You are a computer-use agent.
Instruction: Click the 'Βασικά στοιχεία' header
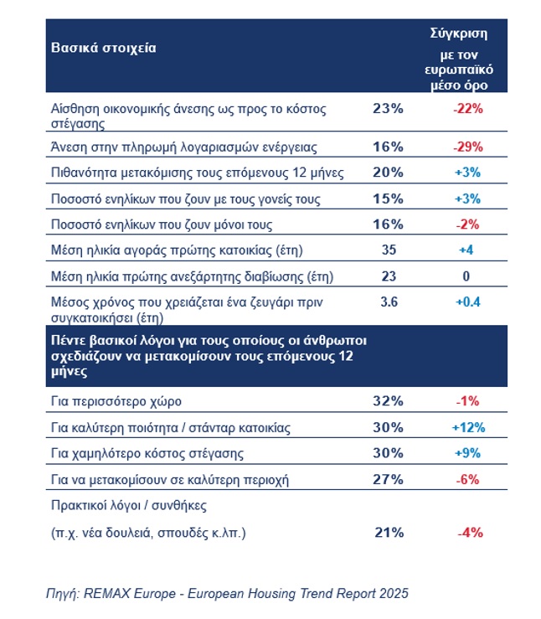[x=105, y=48]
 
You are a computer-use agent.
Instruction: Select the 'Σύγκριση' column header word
[x=458, y=34]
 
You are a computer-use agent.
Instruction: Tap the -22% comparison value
[x=467, y=108]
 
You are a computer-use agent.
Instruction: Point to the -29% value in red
[x=467, y=147]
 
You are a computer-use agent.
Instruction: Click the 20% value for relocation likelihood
[x=388, y=173]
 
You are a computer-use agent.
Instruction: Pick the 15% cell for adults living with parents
[x=388, y=199]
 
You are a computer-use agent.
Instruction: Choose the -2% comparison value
[x=467, y=224]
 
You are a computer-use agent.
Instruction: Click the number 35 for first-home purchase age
[x=388, y=250]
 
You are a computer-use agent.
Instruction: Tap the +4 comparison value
[x=467, y=250]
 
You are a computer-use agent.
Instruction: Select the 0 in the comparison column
[x=467, y=276]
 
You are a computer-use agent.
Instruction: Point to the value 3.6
[x=388, y=302]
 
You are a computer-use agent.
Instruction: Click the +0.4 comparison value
[x=467, y=302]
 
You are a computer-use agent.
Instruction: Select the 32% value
[x=388, y=401]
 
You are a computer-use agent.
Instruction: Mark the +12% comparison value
[x=467, y=427]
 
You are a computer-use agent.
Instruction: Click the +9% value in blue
[x=467, y=453]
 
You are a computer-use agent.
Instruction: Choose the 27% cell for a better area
[x=388, y=479]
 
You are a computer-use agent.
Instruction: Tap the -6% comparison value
[x=467, y=479]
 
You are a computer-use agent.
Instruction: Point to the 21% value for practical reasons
[x=388, y=532]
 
